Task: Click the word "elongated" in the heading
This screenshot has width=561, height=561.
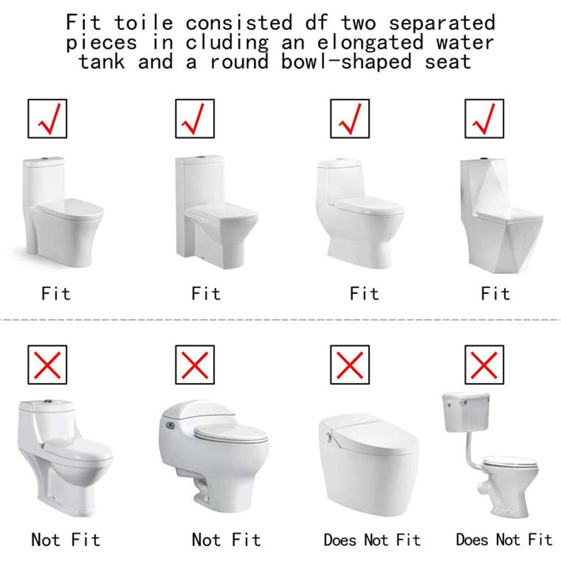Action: [370, 42]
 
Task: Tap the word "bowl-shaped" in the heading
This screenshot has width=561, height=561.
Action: [346, 62]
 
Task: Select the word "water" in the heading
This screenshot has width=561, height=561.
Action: [465, 42]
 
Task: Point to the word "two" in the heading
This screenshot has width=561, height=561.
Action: [358, 23]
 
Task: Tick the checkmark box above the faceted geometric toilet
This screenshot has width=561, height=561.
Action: [484, 119]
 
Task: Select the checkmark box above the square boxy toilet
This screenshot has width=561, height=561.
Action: [195, 119]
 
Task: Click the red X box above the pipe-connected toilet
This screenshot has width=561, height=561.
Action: [484, 365]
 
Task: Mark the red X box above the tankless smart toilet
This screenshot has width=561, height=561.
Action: [350, 365]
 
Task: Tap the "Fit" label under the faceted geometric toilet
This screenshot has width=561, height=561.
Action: [495, 294]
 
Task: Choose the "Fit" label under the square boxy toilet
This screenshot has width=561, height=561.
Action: [206, 294]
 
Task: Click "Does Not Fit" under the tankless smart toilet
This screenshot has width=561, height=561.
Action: [372, 540]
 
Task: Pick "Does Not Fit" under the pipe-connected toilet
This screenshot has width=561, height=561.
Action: [504, 539]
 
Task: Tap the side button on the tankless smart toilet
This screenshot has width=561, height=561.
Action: [328, 436]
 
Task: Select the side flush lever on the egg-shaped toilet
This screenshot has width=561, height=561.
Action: [169, 425]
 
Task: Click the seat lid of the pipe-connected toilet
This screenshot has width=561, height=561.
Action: [510, 462]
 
